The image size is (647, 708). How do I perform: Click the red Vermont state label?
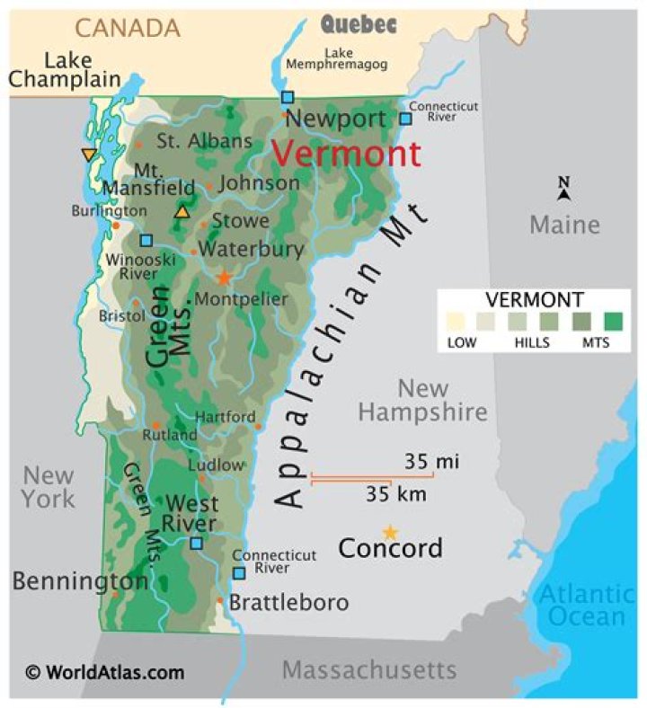click(346, 155)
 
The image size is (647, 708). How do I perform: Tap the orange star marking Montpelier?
click(224, 278)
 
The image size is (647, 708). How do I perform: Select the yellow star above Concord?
click(390, 532)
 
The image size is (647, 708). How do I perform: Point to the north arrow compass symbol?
click(563, 188)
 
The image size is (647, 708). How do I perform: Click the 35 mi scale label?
click(431, 462)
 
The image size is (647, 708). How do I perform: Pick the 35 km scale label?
click(395, 493)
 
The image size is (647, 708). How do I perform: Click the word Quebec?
click(359, 24)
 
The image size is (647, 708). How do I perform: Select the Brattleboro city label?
click(288, 602)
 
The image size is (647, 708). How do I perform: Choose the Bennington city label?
click(80, 581)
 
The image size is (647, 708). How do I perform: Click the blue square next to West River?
click(196, 543)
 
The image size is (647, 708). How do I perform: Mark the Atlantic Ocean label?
click(586, 605)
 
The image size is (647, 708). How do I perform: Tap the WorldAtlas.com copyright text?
click(104, 672)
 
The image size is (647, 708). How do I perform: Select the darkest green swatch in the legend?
click(614, 321)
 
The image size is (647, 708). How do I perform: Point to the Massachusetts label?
click(369, 669)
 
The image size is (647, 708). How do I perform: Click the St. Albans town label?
click(204, 141)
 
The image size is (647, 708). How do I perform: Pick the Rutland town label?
click(170, 435)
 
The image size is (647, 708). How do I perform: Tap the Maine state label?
click(563, 224)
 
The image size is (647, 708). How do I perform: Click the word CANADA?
click(127, 28)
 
